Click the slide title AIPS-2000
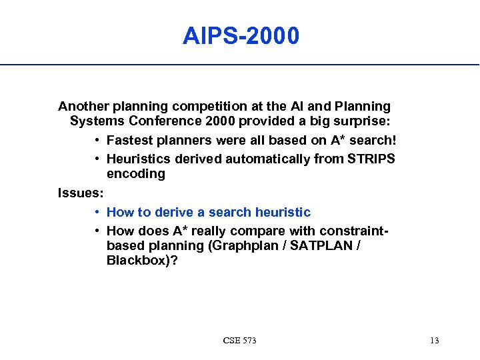point(241,36)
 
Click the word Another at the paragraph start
point(83,106)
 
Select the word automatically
point(263,159)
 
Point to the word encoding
point(136,174)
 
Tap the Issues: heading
point(79,193)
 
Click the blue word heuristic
point(283,213)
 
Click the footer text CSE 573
point(240,341)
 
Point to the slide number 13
point(435,341)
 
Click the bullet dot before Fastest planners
point(97,141)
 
